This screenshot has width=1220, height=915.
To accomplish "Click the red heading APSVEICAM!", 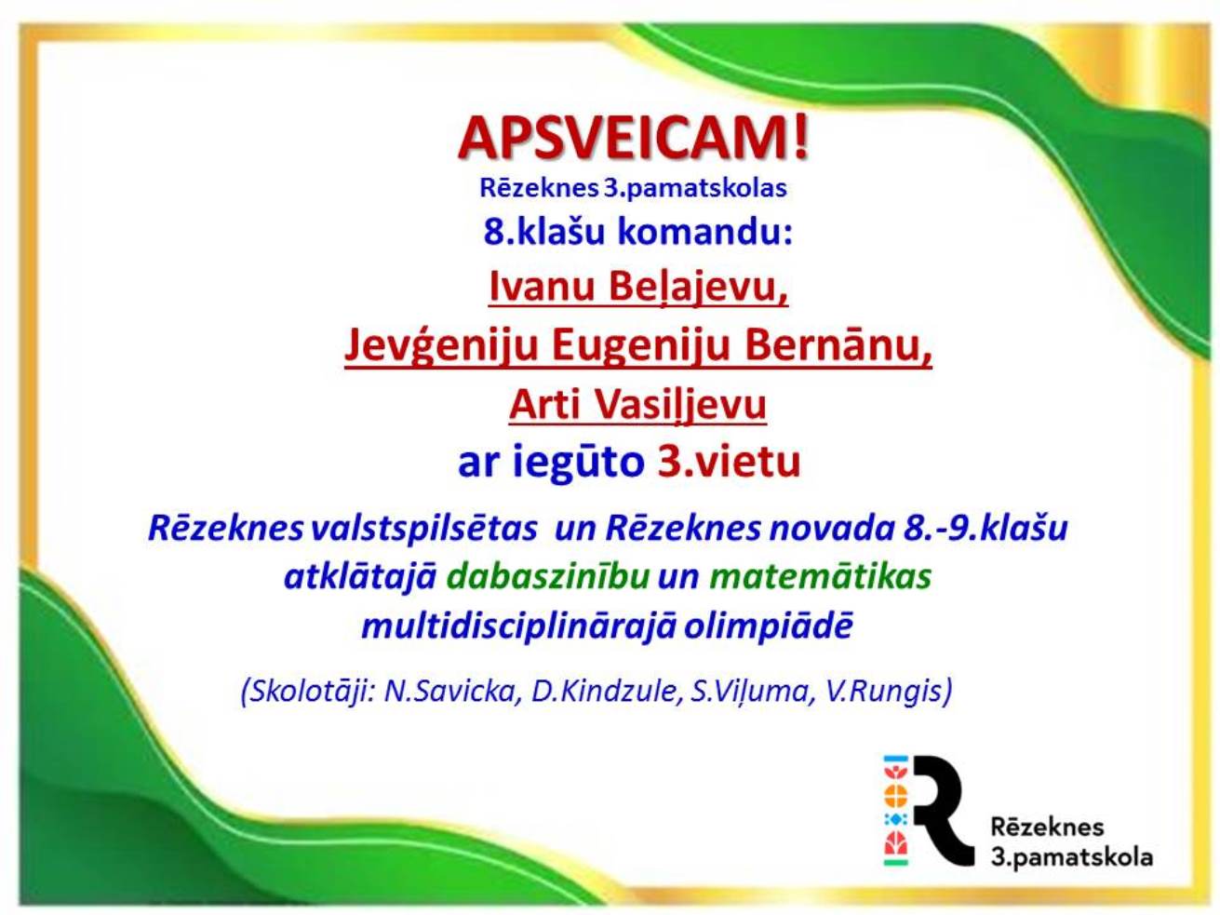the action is point(633,139).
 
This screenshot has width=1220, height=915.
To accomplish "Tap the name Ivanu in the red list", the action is point(542,288).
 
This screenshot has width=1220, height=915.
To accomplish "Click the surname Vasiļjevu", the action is point(680,406).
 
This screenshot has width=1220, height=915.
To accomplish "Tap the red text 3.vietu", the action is point(729,462).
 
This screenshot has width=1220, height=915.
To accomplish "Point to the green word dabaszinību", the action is point(548,576).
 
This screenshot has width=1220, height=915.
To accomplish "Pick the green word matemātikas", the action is point(821,576).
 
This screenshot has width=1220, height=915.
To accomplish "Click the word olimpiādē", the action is point(768,627).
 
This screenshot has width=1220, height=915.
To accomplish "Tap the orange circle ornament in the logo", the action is point(895,796).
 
